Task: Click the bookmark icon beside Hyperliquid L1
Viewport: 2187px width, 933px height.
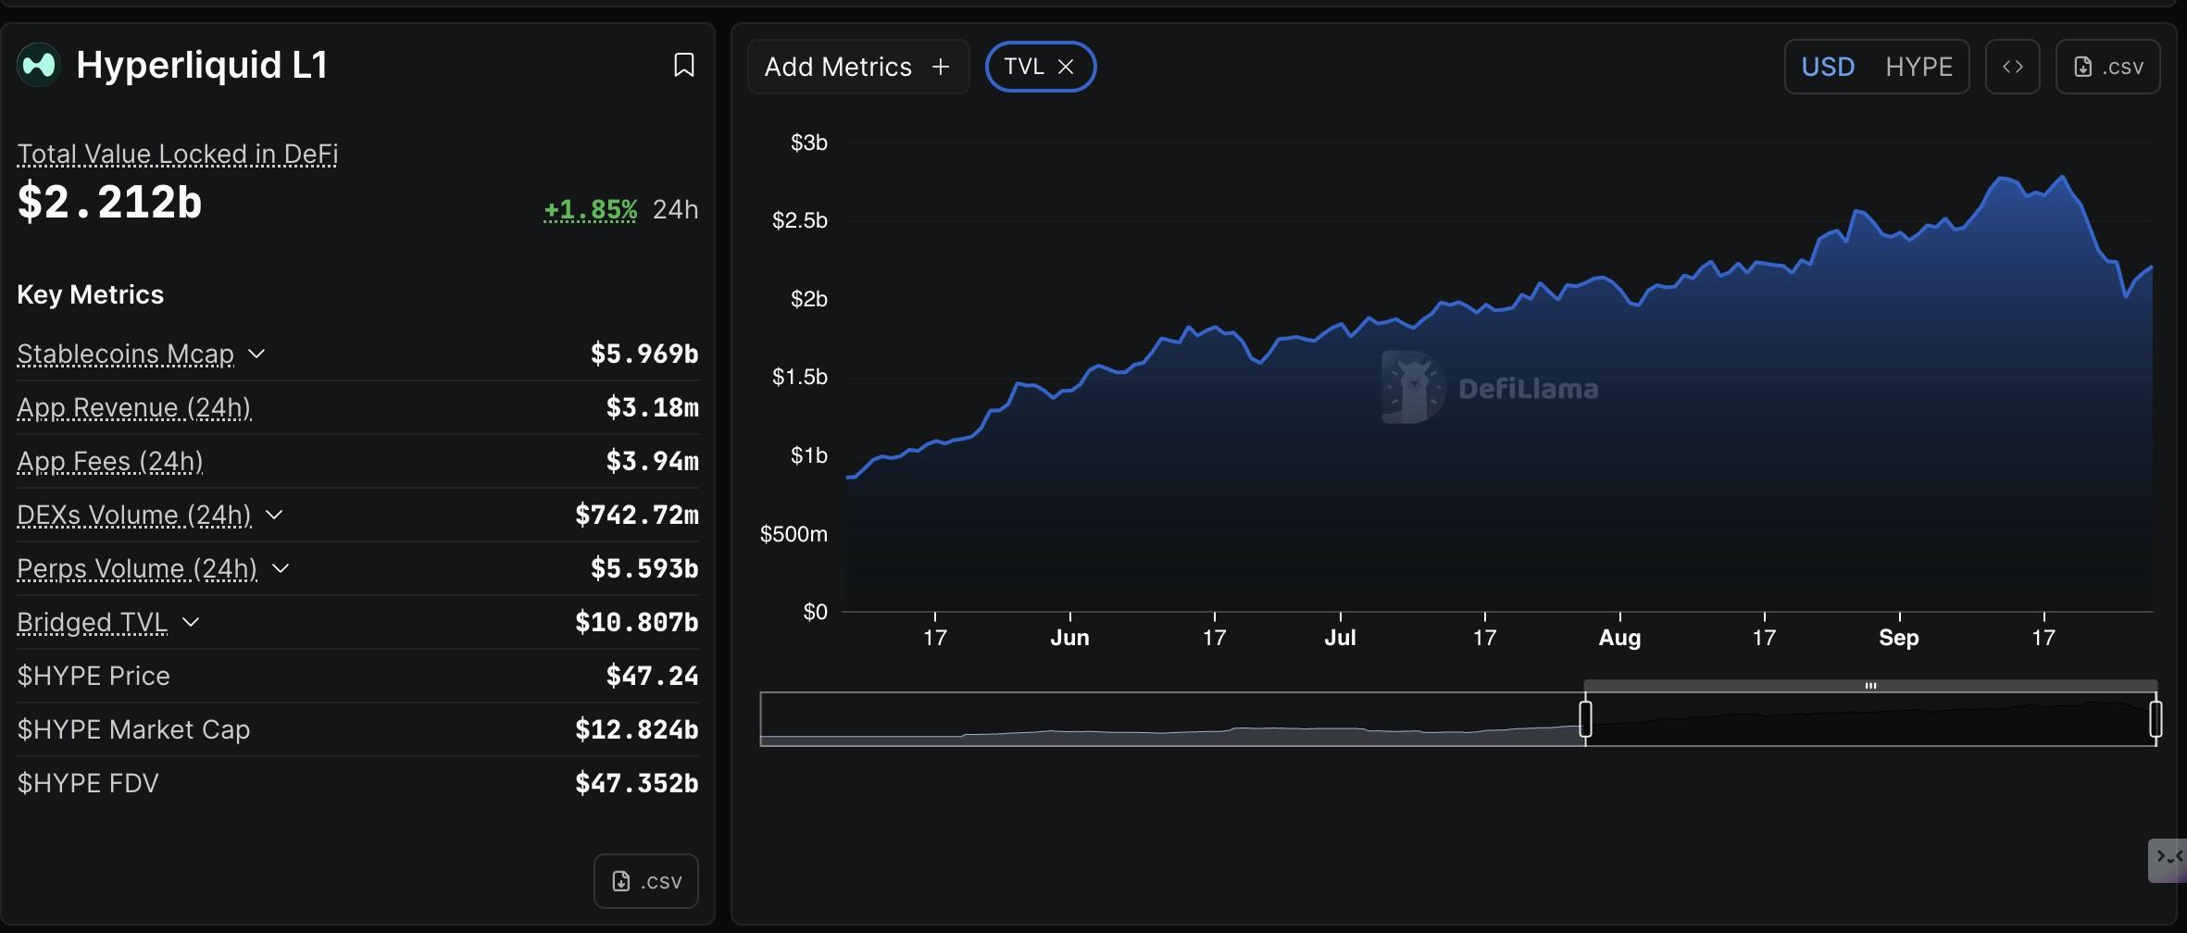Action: click(683, 65)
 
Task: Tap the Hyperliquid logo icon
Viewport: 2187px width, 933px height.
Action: click(39, 65)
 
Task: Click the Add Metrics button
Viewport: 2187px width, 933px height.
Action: click(857, 67)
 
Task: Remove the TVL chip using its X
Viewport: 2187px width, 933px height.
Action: click(1066, 67)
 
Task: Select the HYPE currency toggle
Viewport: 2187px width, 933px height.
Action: click(1918, 67)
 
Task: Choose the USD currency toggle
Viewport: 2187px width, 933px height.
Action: click(1828, 67)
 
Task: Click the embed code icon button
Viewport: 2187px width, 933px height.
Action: click(2012, 67)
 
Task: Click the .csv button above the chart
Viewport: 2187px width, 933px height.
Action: click(2107, 67)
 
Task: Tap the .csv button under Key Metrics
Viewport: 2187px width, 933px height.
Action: click(646, 881)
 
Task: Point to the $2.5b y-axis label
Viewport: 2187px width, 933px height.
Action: click(800, 220)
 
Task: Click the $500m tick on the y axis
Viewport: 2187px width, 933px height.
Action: click(794, 534)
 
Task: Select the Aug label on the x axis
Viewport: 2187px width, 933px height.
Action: click(1619, 638)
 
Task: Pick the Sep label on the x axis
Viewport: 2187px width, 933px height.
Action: click(1898, 638)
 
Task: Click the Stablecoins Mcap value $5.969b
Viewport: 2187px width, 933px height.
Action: click(644, 354)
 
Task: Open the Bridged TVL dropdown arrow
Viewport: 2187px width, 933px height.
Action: click(191, 622)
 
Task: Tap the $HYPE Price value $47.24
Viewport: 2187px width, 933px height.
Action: click(652, 676)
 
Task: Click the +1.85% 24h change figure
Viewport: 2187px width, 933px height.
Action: click(590, 210)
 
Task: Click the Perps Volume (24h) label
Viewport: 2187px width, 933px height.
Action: click(137, 568)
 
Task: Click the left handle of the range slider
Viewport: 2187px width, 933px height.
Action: click(1585, 718)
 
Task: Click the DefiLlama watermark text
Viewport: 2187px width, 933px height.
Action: click(1528, 389)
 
